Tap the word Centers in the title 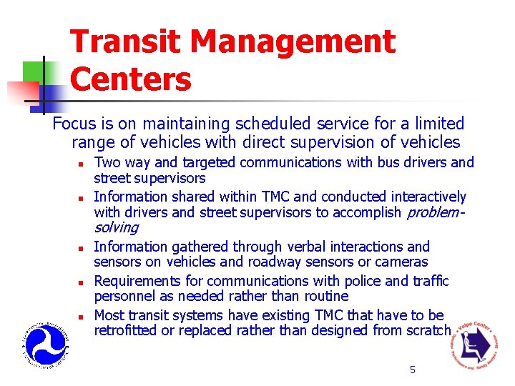point(131,79)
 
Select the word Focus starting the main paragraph point(74,124)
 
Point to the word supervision point(341,142)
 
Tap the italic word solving point(116,227)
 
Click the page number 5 point(412,370)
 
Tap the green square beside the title point(34,71)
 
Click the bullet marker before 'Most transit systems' point(82,316)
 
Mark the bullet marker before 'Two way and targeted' point(82,163)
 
